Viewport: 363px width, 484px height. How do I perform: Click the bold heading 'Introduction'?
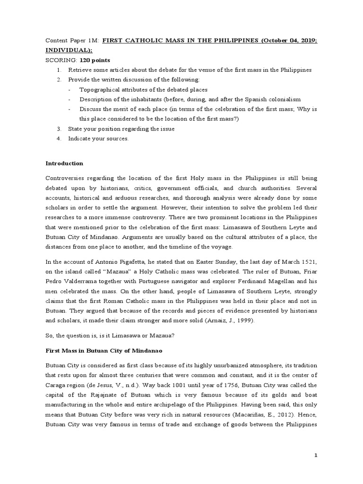[64, 164]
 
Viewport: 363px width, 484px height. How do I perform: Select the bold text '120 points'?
[95, 60]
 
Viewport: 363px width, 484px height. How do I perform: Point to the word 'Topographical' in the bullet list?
[98, 90]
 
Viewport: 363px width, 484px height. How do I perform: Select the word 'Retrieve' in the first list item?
[80, 70]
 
